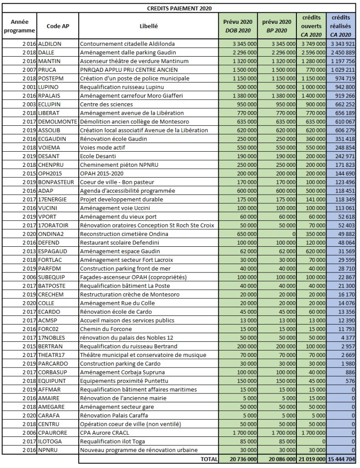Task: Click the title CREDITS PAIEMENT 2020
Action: point(179,8)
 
